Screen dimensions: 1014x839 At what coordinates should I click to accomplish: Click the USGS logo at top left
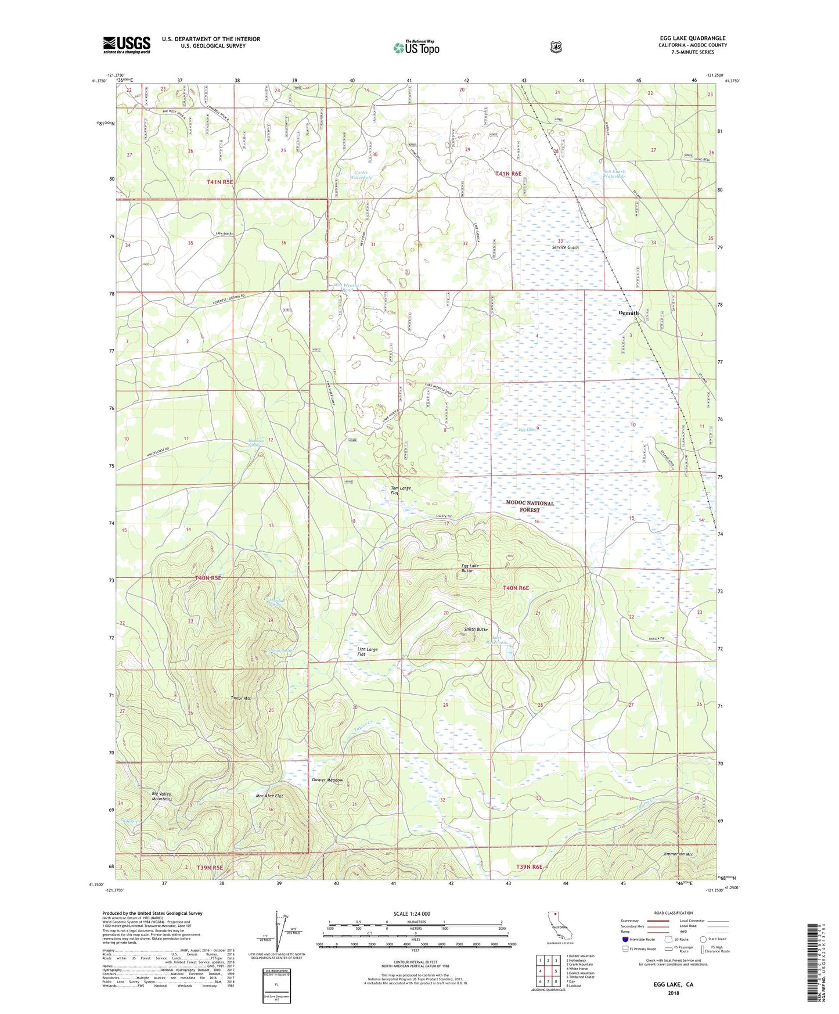(127, 45)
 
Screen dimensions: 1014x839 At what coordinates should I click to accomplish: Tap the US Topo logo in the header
(416, 48)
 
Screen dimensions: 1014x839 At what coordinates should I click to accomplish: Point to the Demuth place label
(628, 312)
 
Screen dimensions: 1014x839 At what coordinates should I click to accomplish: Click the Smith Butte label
(476, 629)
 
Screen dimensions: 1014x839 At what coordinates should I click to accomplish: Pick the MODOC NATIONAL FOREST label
(530, 506)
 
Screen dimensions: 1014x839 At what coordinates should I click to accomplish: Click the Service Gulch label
(565, 247)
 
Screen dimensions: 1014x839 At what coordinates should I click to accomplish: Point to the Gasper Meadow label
(327, 780)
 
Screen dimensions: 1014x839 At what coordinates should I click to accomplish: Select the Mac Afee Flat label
(269, 796)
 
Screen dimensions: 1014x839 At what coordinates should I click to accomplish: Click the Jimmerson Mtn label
(678, 854)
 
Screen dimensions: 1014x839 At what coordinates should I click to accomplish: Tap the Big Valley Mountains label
(162, 796)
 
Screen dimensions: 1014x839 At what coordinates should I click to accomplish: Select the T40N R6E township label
(516, 588)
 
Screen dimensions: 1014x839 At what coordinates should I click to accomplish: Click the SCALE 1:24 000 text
(412, 914)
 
